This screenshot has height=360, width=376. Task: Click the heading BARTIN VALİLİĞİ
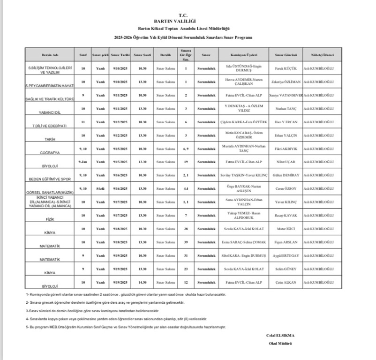[188, 21]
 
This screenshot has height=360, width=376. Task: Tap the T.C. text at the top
[188, 15]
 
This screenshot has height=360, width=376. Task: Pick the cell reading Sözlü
[100, 188]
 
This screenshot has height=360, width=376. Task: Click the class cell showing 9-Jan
[83, 161]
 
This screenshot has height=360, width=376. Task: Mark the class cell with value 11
[83, 121]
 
